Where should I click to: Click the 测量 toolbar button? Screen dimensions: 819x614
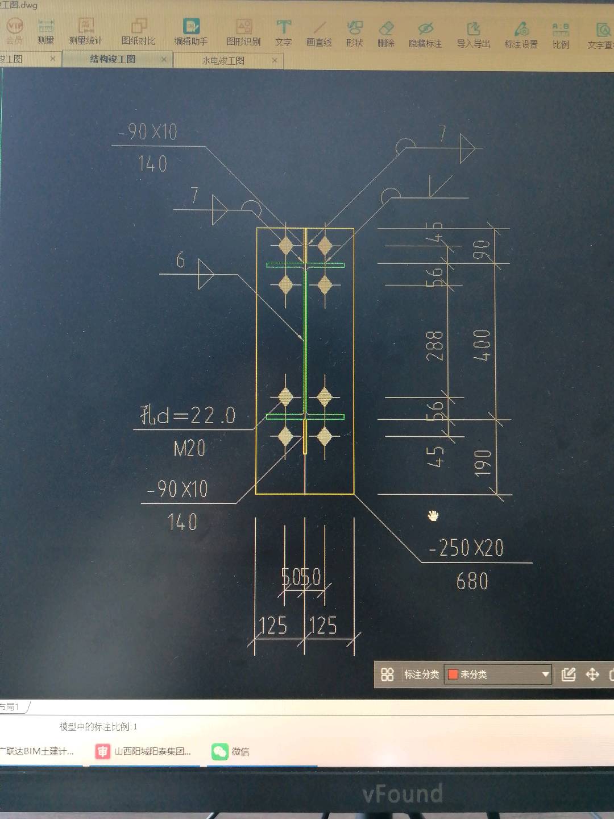click(45, 31)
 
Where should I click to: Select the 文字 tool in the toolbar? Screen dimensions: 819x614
click(283, 32)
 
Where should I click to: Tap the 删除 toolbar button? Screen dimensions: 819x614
click(386, 34)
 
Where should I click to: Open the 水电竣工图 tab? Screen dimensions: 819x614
click(223, 60)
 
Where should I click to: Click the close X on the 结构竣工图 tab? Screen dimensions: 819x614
click(164, 59)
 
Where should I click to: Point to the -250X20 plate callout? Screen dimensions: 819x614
click(466, 548)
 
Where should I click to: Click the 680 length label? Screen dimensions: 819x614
click(472, 581)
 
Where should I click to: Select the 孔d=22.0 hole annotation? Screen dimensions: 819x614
click(188, 415)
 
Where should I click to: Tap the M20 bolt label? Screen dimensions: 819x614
click(189, 449)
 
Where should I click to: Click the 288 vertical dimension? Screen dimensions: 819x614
click(435, 345)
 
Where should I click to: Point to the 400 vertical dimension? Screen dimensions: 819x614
click(482, 345)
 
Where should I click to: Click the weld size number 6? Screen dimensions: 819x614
click(180, 260)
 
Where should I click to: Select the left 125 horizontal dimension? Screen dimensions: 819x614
click(273, 626)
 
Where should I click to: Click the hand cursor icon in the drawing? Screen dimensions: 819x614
click(433, 516)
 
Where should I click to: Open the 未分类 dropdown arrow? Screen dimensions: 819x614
click(545, 675)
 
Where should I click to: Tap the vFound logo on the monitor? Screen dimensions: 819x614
click(403, 794)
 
